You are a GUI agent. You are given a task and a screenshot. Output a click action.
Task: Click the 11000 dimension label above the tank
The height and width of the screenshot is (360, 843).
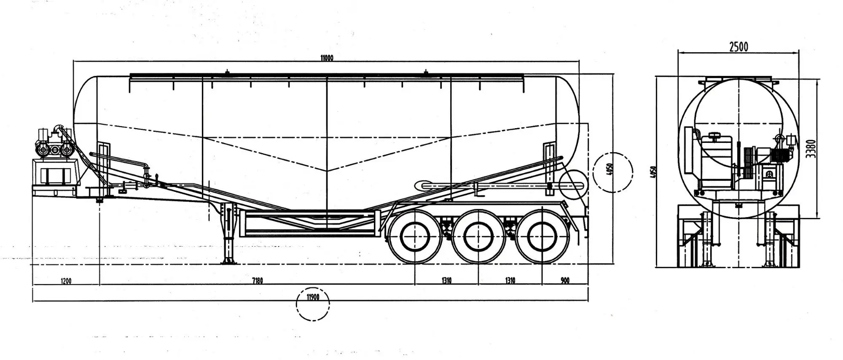point(327,58)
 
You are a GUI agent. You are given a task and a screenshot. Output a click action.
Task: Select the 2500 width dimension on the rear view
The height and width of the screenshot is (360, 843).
point(738,47)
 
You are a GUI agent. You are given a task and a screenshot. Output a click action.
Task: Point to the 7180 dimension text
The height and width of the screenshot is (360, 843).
point(257,281)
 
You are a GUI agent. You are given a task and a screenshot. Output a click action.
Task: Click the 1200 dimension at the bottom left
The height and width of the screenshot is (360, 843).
point(66,281)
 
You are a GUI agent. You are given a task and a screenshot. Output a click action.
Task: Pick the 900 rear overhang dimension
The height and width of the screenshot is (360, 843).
point(565,281)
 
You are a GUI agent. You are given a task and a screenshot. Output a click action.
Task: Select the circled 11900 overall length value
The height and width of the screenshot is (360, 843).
point(312,297)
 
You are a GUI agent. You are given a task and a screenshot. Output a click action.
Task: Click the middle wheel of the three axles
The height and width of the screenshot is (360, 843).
point(478,237)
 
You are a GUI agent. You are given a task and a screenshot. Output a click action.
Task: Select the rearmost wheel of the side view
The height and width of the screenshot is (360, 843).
point(542,237)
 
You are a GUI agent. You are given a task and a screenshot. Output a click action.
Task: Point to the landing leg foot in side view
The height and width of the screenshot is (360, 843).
point(229,261)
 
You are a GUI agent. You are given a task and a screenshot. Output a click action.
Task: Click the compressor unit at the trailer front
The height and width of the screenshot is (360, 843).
point(54,143)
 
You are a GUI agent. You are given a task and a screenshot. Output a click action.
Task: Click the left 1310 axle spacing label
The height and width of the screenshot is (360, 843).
point(446,281)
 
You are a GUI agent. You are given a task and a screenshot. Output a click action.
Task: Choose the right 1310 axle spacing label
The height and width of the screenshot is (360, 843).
point(510,281)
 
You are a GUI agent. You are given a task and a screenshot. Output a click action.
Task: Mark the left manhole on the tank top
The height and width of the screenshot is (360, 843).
point(227,73)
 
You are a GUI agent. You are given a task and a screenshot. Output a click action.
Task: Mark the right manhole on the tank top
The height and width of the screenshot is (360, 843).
point(426,73)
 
